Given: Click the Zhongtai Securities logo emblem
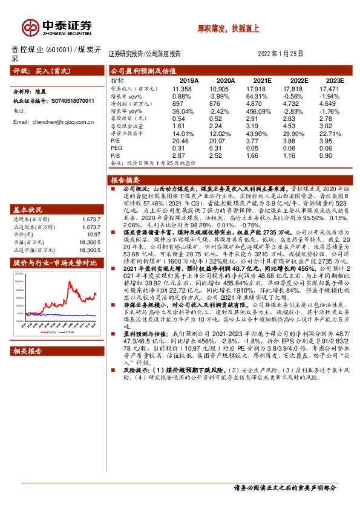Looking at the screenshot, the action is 30,27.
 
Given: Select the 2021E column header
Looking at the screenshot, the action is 263,80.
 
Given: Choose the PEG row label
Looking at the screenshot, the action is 117,148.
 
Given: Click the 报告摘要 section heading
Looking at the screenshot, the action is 126,180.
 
